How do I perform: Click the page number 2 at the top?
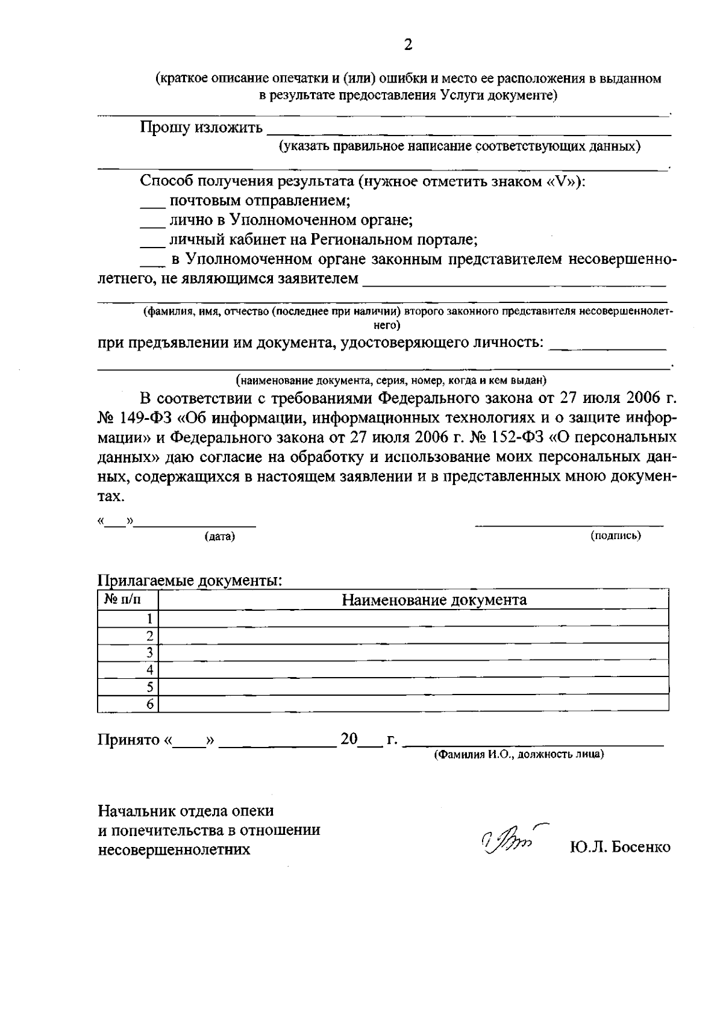408,45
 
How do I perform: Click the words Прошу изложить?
201,128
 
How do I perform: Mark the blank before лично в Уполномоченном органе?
152,222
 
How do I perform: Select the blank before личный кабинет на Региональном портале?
152,242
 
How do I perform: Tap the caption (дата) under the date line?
219,536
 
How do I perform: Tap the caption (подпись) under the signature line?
616,535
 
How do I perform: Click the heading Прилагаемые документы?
190,581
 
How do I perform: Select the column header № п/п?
125,599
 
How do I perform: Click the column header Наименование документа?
434,600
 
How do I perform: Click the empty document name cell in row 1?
413,618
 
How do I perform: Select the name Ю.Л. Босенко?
619,847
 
